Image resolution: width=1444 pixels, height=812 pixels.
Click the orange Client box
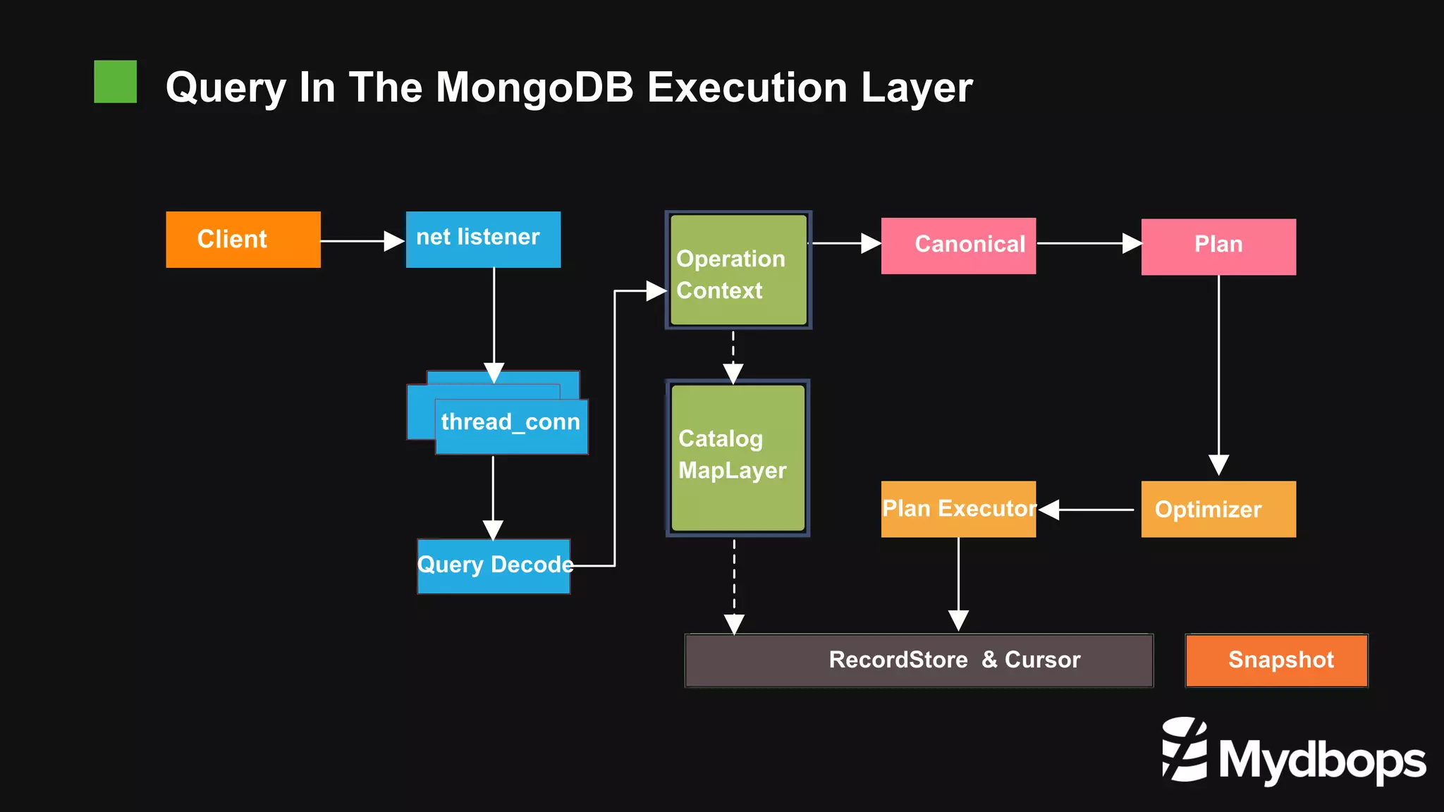243,240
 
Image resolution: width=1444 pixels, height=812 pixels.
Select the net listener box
483,239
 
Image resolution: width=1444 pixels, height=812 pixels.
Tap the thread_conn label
510,422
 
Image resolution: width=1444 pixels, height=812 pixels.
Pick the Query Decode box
494,565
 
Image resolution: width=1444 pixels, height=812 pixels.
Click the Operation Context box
738,270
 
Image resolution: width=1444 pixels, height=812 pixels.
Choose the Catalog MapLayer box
738,457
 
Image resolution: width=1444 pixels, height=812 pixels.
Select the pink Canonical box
958,245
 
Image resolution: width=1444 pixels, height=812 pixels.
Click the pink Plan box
1218,246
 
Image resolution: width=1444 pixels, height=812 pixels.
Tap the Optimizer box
1218,509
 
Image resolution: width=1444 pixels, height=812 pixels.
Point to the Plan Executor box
958,509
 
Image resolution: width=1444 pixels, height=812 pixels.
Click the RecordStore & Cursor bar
919,660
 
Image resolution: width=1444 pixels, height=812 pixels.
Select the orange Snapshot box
1276,660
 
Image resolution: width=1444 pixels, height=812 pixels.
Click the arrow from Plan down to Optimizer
1218,374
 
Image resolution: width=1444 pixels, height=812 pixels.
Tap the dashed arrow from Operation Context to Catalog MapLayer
733,357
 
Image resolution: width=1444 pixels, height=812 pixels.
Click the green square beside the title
116,82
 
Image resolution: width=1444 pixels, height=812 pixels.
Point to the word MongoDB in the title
534,87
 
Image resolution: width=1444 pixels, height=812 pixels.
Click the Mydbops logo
1293,752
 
